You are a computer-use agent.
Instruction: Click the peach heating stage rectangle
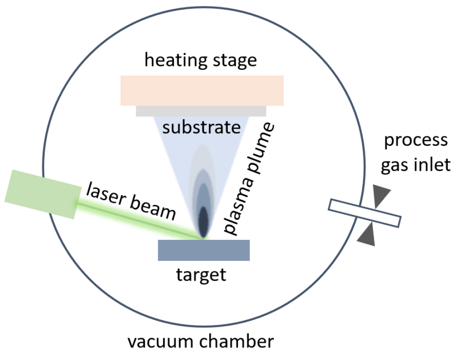[202, 90]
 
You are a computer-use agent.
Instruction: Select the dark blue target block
[204, 250]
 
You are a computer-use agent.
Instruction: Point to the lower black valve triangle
[367, 235]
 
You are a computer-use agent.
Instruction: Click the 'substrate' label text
[200, 126]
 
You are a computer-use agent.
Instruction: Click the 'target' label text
[201, 275]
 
